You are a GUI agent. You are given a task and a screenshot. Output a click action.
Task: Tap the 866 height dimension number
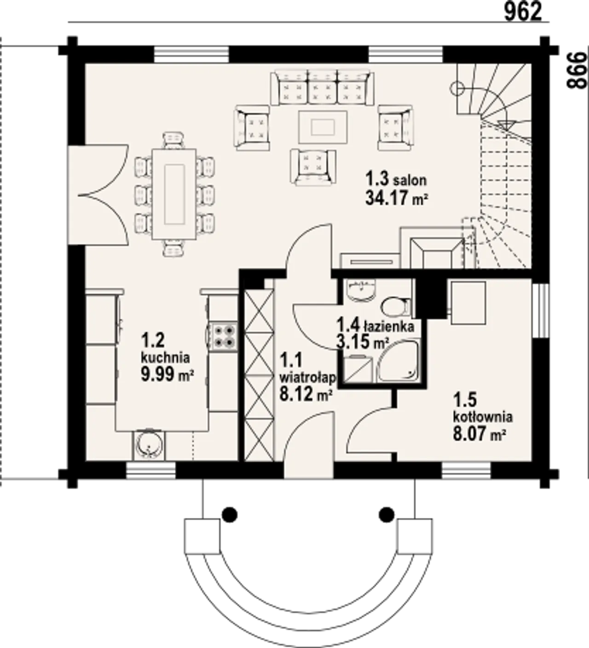pyautogui.click(x=577, y=71)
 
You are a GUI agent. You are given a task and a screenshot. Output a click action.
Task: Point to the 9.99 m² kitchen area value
pyautogui.click(x=167, y=374)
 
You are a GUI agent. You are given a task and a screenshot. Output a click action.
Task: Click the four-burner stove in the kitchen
pyautogui.click(x=224, y=336)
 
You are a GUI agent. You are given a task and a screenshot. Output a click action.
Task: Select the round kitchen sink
pyautogui.click(x=149, y=445)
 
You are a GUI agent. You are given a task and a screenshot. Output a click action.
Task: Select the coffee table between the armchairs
pyautogui.click(x=323, y=127)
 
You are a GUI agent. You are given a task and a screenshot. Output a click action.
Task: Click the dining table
pyautogui.click(x=174, y=194)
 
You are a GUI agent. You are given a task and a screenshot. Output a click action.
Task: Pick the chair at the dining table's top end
pyautogui.click(x=174, y=140)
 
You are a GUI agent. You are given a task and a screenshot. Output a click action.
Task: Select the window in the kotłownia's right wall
pyautogui.click(x=541, y=310)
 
